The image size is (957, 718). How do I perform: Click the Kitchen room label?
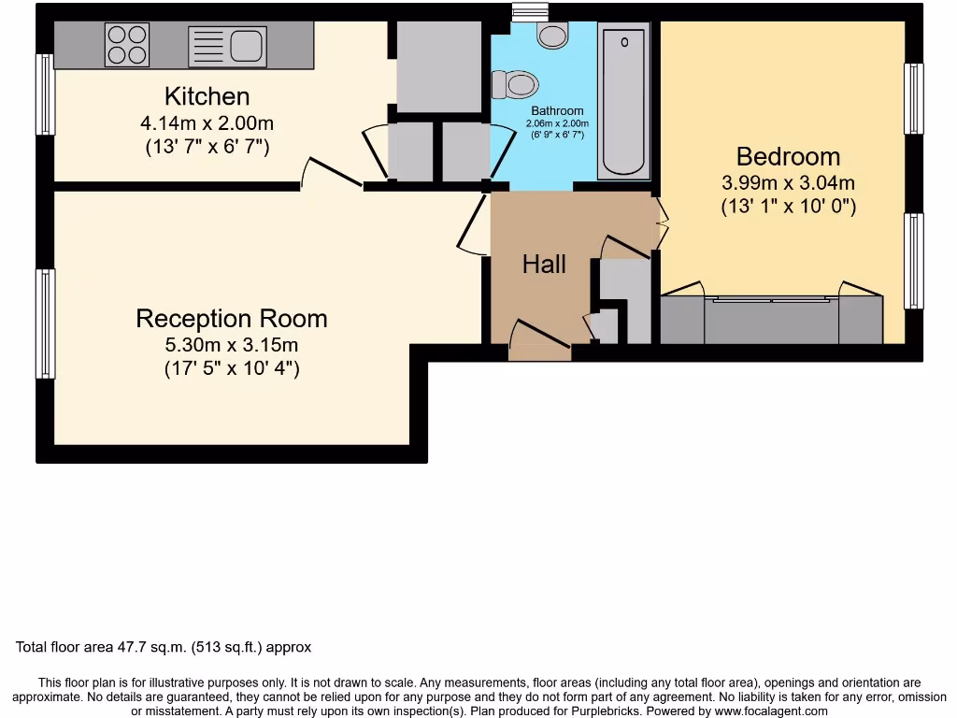207,96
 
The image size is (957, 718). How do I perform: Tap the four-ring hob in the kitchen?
127,43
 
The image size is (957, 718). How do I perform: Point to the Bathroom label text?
557,110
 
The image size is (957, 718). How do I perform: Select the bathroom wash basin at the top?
552,36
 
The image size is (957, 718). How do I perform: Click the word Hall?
544,265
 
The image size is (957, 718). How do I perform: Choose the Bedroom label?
788,156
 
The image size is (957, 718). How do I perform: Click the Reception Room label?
232,318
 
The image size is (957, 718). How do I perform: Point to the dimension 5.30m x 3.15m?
231,345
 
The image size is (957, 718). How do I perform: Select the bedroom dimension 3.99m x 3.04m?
788,183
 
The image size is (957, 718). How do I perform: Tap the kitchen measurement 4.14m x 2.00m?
207,122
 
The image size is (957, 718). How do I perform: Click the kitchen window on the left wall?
44,94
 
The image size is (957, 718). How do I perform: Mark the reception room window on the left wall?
44,323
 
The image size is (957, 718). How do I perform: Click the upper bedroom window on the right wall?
914,99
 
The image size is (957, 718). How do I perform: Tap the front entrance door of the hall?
540,341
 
